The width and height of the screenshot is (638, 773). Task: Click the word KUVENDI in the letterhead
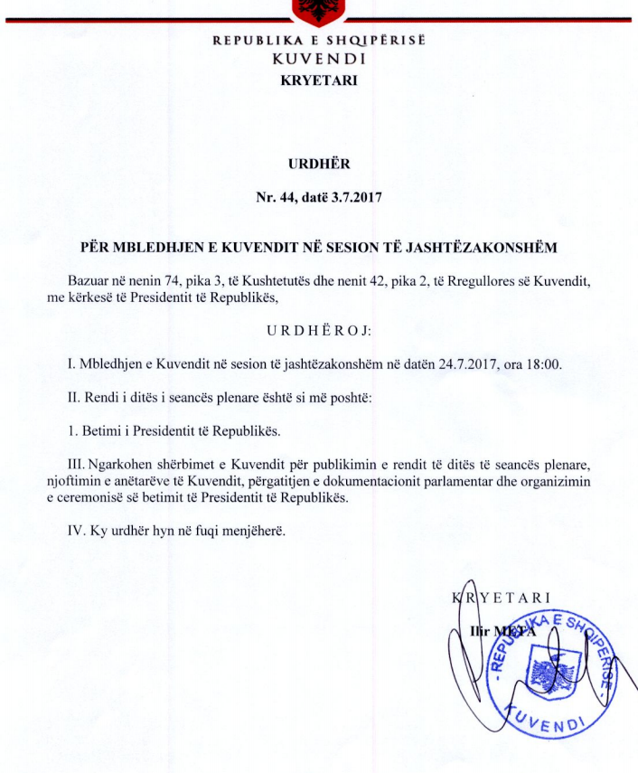pyautogui.click(x=318, y=59)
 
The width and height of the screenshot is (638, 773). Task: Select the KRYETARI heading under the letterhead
pyautogui.click(x=319, y=80)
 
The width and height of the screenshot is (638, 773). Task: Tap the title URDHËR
pyautogui.click(x=318, y=165)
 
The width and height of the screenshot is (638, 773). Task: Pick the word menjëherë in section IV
pyautogui.click(x=253, y=530)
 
